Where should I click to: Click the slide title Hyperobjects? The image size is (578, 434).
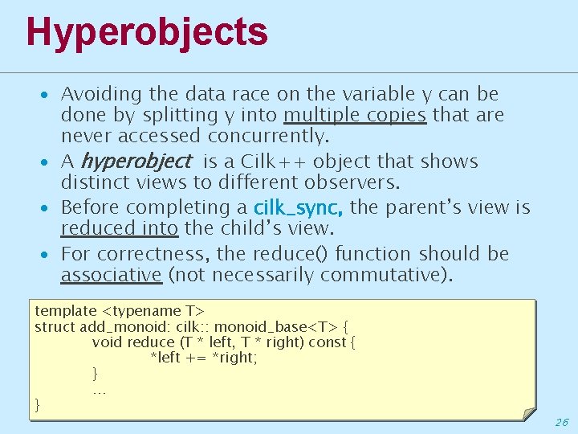click(x=147, y=32)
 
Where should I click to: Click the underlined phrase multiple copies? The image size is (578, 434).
click(x=355, y=116)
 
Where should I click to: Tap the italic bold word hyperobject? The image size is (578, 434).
click(x=136, y=162)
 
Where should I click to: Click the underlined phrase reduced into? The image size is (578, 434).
click(x=119, y=228)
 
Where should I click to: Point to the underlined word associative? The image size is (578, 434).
click(x=112, y=276)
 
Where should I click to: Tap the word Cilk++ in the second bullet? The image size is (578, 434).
click(x=270, y=162)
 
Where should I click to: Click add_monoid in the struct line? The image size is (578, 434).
click(x=119, y=326)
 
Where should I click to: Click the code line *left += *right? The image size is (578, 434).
click(x=204, y=358)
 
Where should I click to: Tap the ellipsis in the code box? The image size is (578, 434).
click(x=99, y=391)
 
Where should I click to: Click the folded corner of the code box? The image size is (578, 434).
click(x=527, y=413)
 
